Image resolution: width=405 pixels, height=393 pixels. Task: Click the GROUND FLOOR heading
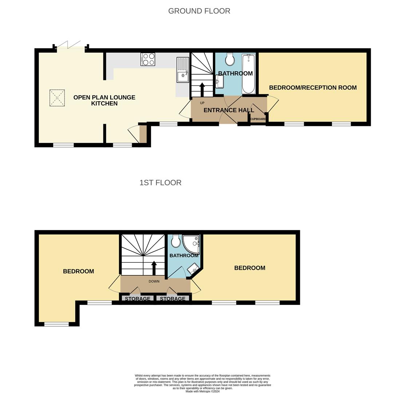(199, 11)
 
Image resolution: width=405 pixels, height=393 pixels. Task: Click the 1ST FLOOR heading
(160, 183)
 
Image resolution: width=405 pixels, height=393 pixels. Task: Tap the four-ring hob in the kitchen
(148, 59)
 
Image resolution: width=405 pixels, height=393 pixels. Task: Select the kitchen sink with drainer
(183, 70)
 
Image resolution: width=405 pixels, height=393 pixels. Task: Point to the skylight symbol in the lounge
(57, 98)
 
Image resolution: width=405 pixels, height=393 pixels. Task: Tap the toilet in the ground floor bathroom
(230, 59)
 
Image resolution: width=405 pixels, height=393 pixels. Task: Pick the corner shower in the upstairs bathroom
(191, 244)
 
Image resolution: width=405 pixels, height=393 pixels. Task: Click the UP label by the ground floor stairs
(202, 103)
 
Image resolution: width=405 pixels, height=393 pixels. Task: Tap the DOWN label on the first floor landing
(154, 281)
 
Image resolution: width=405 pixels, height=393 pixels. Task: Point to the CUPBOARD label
(258, 119)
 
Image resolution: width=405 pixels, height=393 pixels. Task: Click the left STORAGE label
(138, 298)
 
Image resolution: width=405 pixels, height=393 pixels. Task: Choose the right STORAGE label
(172, 298)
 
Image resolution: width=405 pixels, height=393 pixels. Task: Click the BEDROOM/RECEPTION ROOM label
(313, 88)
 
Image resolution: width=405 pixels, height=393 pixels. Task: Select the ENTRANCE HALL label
(229, 110)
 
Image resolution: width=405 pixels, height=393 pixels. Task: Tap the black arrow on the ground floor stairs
(202, 89)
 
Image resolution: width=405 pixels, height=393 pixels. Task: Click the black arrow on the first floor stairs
(154, 268)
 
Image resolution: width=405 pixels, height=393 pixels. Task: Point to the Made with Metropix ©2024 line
(202, 391)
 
